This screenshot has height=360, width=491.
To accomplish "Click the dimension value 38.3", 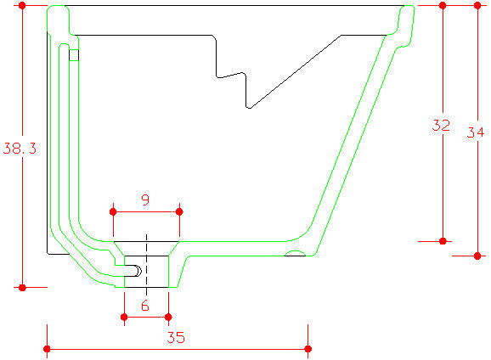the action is click(x=20, y=149).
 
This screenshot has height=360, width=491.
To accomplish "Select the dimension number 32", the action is click(x=441, y=125).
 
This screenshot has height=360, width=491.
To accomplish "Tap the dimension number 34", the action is click(x=476, y=132).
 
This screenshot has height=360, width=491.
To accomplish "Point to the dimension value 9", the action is click(x=145, y=200).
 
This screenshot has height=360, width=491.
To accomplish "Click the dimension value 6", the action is click(x=145, y=306).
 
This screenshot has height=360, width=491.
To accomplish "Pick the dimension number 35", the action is click(x=176, y=337).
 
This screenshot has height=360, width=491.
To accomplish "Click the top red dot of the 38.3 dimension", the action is click(x=22, y=5).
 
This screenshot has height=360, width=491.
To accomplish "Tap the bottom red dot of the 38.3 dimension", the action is click(x=22, y=287).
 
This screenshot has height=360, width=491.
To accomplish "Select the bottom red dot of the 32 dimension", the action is click(x=443, y=241).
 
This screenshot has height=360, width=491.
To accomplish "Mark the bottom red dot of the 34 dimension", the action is click(x=477, y=256).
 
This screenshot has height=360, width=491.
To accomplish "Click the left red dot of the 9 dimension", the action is click(x=113, y=212).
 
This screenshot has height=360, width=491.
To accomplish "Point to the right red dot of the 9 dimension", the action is click(x=179, y=212).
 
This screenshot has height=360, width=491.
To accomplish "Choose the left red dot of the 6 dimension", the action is click(x=124, y=318).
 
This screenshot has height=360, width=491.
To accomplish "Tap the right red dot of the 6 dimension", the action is click(x=168, y=318).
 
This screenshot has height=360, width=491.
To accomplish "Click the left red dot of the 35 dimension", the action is click(x=47, y=349).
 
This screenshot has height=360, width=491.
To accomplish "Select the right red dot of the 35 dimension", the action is click(x=308, y=349).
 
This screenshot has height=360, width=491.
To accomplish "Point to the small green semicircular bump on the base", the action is click(x=295, y=251).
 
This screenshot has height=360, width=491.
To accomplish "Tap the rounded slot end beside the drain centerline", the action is click(x=138, y=271).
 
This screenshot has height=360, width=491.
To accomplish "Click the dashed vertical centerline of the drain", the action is click(x=147, y=265).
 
